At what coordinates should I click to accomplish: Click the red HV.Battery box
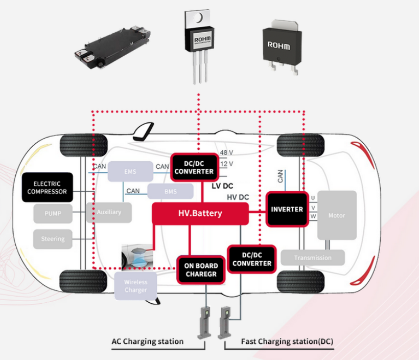point(200,213)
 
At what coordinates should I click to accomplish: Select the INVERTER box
point(287,209)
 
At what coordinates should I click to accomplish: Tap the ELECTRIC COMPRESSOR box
point(47,188)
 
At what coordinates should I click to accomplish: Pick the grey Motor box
point(337,215)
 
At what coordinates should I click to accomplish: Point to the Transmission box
point(313,258)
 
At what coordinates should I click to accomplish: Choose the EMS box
point(130,171)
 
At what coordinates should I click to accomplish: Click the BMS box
point(170,191)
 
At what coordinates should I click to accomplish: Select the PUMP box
point(53,213)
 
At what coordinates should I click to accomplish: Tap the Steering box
point(53,239)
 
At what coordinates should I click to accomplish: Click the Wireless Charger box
point(135,286)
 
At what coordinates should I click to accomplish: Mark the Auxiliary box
point(109,212)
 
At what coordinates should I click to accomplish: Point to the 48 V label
point(227,153)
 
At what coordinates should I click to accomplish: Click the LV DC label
point(222,186)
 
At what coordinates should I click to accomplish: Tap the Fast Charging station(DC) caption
point(287,341)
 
